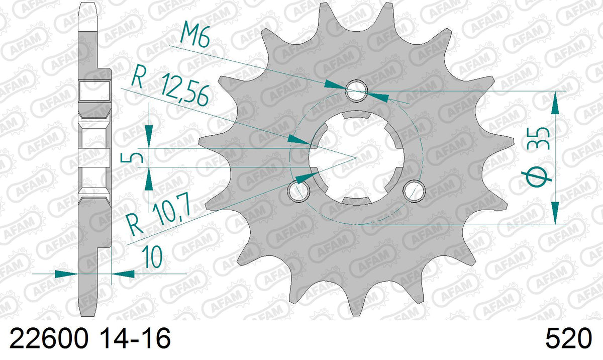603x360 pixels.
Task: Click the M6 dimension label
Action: pyautogui.click(x=194, y=36)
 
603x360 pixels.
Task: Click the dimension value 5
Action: pyautogui.click(x=131, y=157)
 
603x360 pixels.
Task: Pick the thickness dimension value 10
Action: pyautogui.click(x=152, y=256)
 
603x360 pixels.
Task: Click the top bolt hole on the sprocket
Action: pyautogui.click(x=356, y=91)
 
